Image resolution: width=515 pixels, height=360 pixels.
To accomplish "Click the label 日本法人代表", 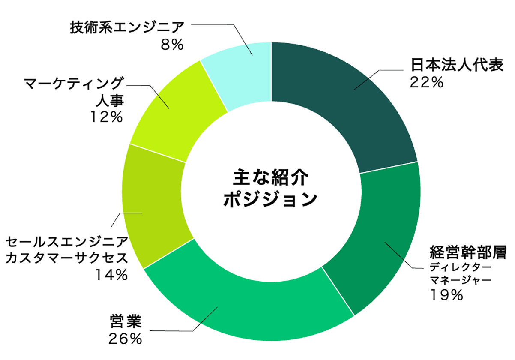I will point(457,66).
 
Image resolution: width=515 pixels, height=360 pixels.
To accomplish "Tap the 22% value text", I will point(426,82).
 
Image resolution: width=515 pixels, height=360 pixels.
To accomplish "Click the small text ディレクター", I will point(458,268).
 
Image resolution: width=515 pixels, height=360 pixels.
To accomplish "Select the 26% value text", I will point(125,339).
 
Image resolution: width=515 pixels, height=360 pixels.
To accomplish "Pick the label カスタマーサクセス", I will point(66,258).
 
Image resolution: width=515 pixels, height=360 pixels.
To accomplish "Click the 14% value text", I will point(111,275).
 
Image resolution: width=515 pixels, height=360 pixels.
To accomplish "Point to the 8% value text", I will point(172,44).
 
